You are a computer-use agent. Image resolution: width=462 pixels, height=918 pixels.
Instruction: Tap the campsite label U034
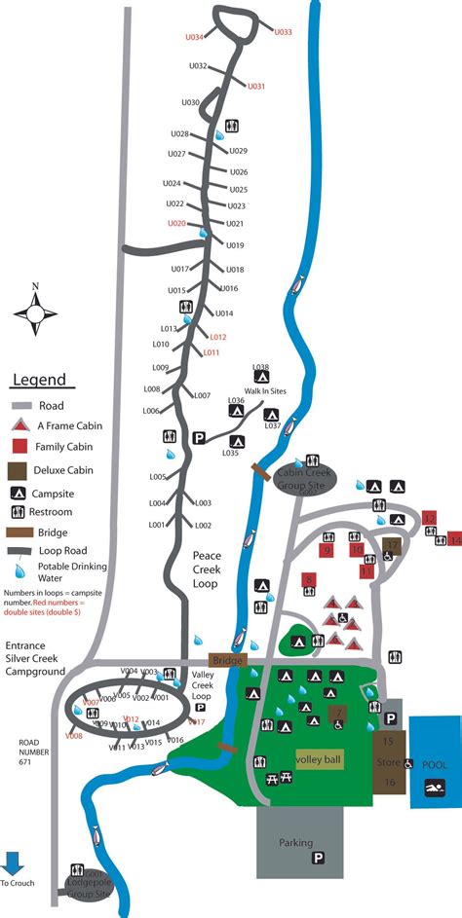[x=195, y=37]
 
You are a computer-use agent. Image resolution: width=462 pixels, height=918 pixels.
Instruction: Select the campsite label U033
[x=283, y=32]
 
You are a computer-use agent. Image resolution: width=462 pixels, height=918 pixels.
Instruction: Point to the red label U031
[x=255, y=87]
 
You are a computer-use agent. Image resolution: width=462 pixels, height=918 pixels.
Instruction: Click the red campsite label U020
[x=175, y=223]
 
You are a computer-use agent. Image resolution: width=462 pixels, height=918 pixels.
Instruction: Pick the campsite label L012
[x=216, y=337]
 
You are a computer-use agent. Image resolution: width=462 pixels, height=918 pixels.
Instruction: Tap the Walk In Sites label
[x=265, y=390]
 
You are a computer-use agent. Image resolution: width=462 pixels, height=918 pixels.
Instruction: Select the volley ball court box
[x=320, y=757]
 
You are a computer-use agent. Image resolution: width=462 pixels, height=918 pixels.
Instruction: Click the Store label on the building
[x=387, y=762]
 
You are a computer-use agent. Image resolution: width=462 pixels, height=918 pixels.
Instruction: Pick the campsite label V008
[x=74, y=736]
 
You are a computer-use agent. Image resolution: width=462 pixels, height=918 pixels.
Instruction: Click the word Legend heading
[x=39, y=381]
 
